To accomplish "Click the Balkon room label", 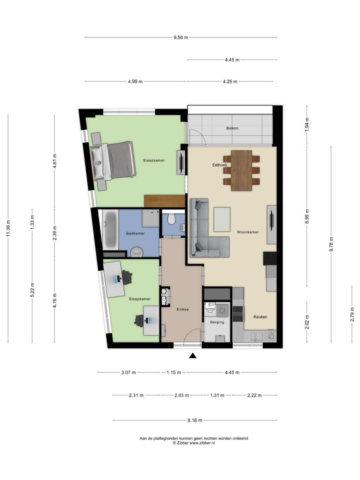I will [x=232, y=128].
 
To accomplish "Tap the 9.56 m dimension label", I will [x=181, y=38].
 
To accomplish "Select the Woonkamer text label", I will [x=248, y=232].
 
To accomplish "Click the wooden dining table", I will [x=241, y=170].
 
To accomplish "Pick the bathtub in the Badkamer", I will [x=111, y=229].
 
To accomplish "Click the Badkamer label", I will [x=135, y=233].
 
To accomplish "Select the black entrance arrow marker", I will [x=192, y=356].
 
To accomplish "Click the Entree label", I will [x=183, y=309].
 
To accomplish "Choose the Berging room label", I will [x=217, y=322].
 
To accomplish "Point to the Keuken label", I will [x=260, y=317].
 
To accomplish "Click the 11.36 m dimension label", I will [x=8, y=228].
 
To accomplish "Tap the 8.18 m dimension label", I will [x=195, y=420].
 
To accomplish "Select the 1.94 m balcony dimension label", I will [x=307, y=125].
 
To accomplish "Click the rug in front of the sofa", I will [x=222, y=219].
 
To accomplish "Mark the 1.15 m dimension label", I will [x=173, y=373].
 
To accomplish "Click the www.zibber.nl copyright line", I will [x=194, y=443].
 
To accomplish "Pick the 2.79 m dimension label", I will [x=352, y=314].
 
